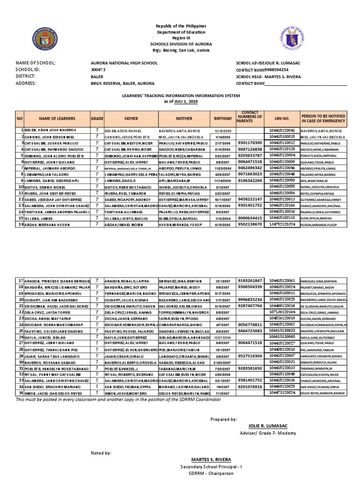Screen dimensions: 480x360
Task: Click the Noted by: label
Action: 101,453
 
